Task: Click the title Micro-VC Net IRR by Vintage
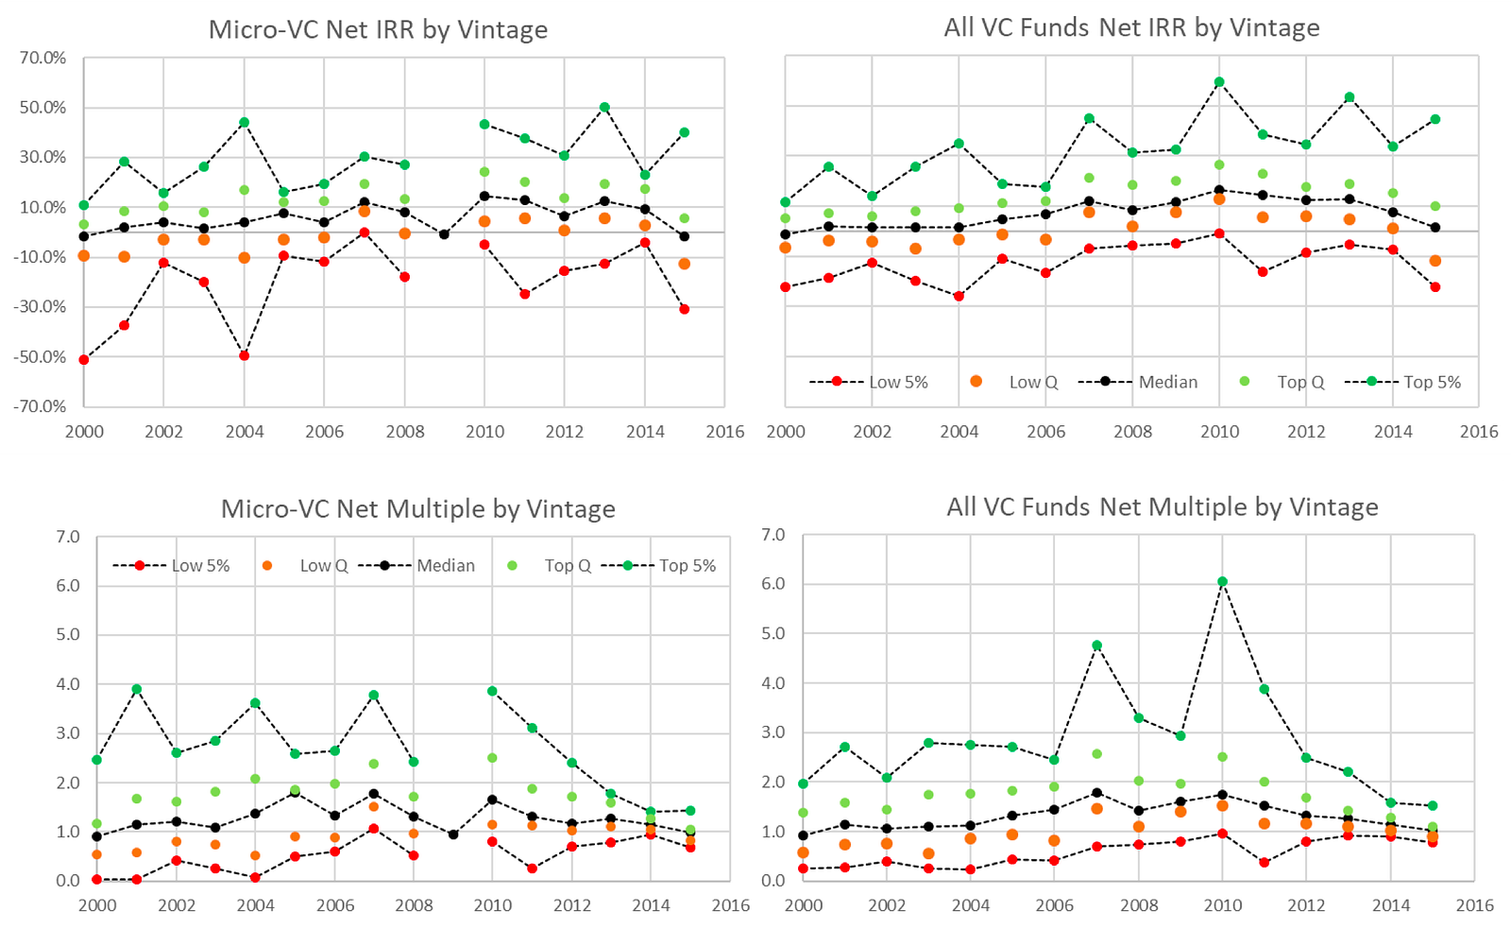(x=378, y=29)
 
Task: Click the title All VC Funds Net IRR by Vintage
(x=1131, y=27)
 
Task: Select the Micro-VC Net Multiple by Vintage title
(x=417, y=508)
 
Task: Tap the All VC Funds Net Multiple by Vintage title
(x=1162, y=507)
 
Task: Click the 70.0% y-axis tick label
(x=43, y=58)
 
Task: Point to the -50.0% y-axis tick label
(x=41, y=356)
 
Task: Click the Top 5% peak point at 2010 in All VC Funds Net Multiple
(x=1222, y=582)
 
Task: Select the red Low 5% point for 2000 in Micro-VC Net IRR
(x=84, y=359)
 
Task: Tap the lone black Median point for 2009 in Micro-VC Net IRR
(x=445, y=234)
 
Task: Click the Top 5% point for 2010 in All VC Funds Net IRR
(x=1219, y=82)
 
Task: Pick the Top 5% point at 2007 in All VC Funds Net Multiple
(x=1096, y=645)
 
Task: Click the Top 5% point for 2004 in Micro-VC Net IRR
(x=245, y=122)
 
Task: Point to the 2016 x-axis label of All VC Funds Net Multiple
(x=1474, y=904)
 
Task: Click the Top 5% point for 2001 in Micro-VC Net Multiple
(x=137, y=689)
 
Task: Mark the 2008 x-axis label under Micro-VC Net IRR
(x=404, y=431)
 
